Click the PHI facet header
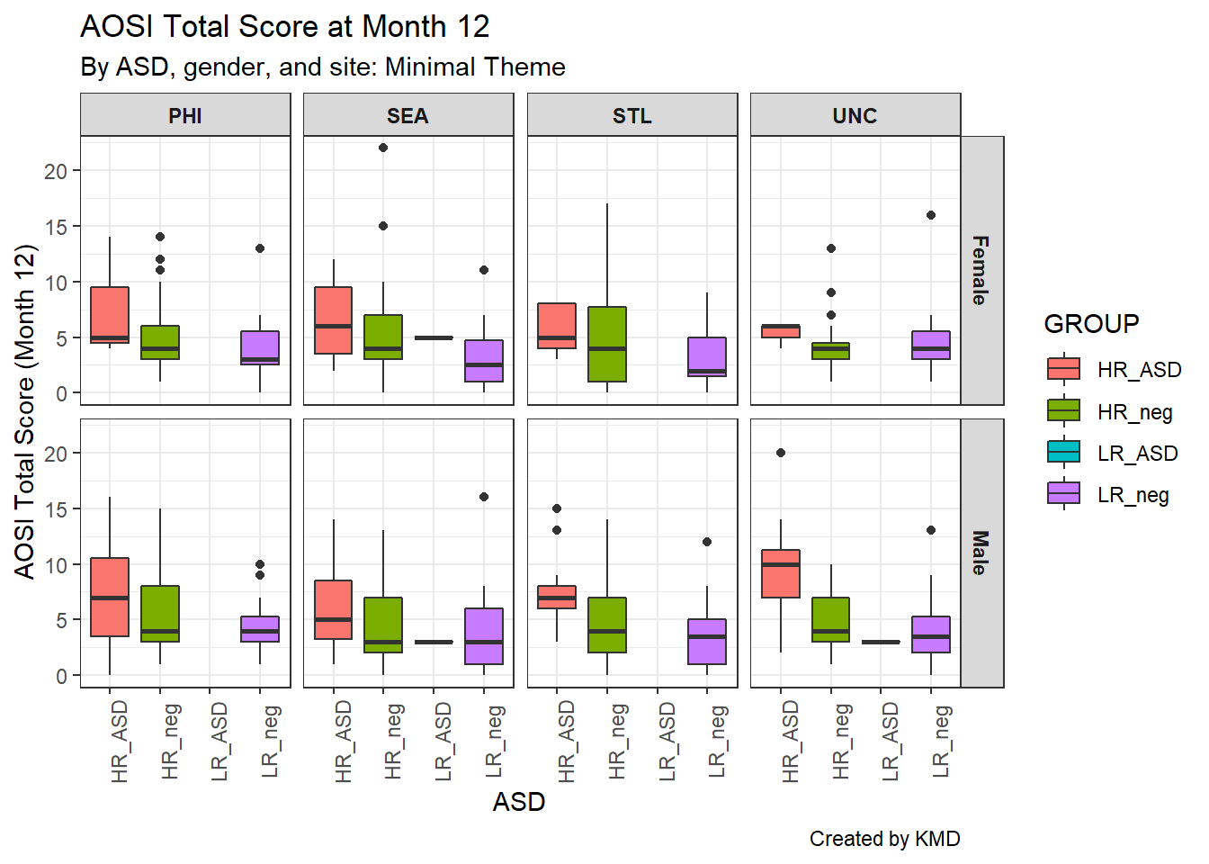[185, 115]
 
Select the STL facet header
[631, 115]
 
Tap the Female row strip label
[981, 270]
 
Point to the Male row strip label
[981, 553]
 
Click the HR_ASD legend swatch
[1063, 369]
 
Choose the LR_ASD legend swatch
[1063, 452]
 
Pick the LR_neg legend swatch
[1063, 493]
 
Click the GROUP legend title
[1091, 324]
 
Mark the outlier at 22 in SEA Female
[383, 148]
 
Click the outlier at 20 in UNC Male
[781, 453]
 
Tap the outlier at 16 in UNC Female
[931, 215]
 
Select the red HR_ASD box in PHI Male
[110, 597]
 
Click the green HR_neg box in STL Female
[607, 344]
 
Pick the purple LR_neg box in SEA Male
[484, 635]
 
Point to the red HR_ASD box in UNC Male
[781, 573]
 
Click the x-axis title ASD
[519, 802]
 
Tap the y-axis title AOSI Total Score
[25, 411]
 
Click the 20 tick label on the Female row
[56, 171]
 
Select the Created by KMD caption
[884, 839]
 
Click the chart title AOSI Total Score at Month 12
[284, 27]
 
